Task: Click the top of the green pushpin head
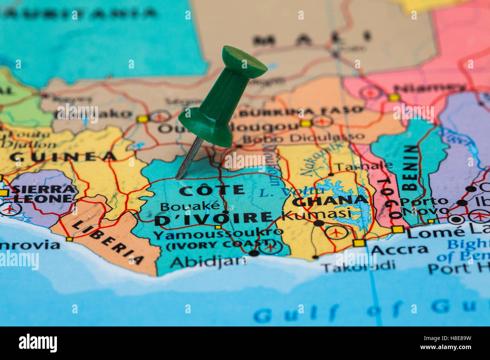244,60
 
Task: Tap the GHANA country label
330,201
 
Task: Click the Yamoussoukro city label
218,233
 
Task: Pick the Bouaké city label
190,206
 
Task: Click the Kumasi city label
316,214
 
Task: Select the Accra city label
399,250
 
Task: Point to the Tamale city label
363,166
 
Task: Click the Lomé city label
429,233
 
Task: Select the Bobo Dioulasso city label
303,137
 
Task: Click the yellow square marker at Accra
359,243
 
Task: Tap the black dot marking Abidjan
254,253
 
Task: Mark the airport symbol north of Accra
336,232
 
